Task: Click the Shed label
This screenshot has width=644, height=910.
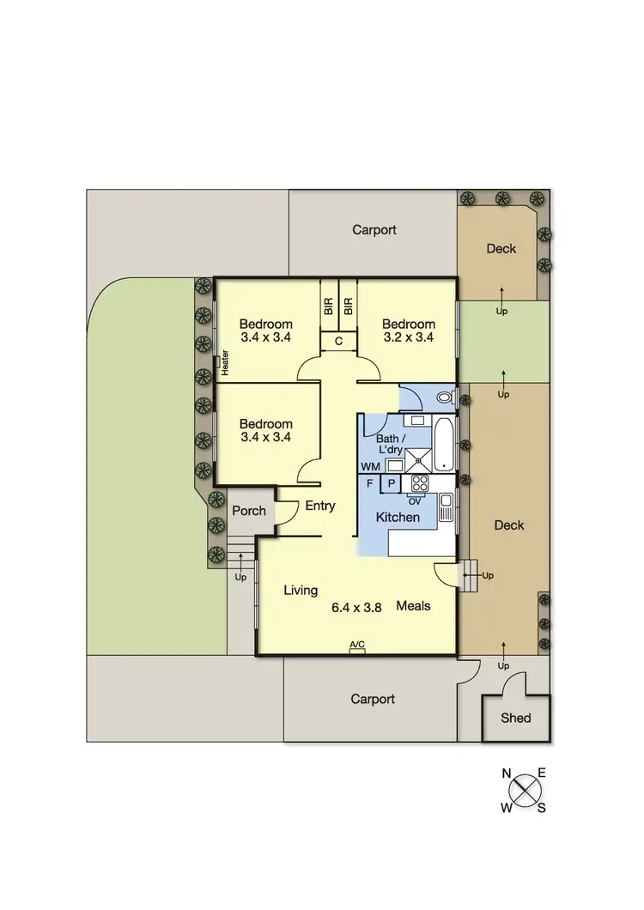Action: point(516,718)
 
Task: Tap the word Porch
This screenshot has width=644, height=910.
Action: point(249,511)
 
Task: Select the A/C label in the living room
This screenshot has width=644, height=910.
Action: point(357,645)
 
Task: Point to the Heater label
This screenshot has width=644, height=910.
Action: point(226,362)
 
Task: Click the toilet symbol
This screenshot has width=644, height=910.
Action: point(443,397)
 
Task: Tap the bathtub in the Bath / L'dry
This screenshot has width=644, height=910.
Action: point(444,443)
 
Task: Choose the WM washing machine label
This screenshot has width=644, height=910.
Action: point(370,466)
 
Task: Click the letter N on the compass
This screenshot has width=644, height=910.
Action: point(507,773)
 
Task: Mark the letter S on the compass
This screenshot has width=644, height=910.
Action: point(542,808)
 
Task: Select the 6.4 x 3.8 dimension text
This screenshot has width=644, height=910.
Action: point(356,607)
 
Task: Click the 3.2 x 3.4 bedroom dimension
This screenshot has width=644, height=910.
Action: point(408,337)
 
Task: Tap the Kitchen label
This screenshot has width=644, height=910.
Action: point(398,517)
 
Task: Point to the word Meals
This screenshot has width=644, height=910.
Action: point(413,605)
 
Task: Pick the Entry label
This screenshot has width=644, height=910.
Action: point(320,506)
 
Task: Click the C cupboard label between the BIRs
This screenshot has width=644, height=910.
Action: point(338,342)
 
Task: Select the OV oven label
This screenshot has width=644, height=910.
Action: point(415,500)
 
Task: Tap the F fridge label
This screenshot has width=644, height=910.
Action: point(369,483)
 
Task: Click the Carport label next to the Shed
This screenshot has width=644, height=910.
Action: point(374,699)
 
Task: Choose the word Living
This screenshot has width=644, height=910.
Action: point(301,590)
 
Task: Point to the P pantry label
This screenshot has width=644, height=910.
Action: point(391,483)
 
